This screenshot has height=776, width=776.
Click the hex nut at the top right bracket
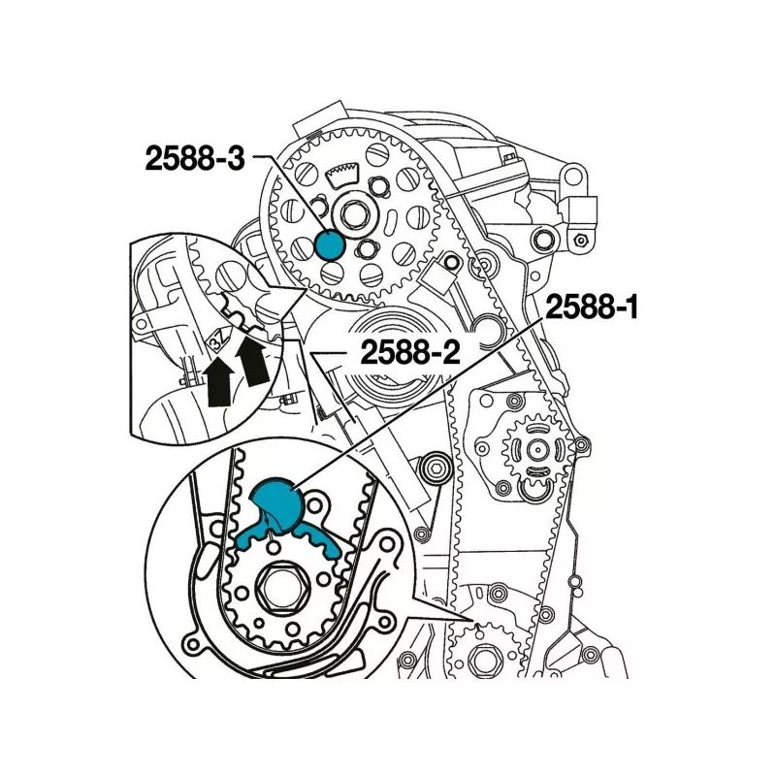click(x=578, y=239)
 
